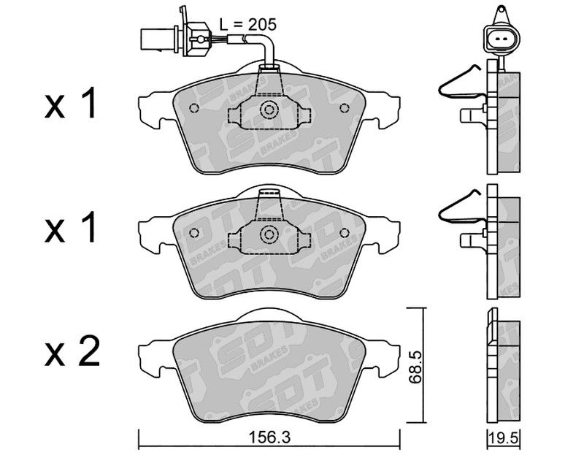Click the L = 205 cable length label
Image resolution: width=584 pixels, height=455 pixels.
click(x=247, y=25)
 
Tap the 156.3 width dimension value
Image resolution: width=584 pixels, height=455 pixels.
click(x=269, y=437)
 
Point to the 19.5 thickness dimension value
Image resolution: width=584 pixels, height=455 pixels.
click(x=504, y=438)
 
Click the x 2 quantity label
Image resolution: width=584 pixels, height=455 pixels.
click(x=72, y=351)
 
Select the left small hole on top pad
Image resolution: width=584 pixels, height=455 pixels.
click(x=194, y=108)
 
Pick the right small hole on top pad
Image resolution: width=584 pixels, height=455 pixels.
click(x=345, y=108)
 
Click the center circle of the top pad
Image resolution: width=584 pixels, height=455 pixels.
click(x=269, y=109)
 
